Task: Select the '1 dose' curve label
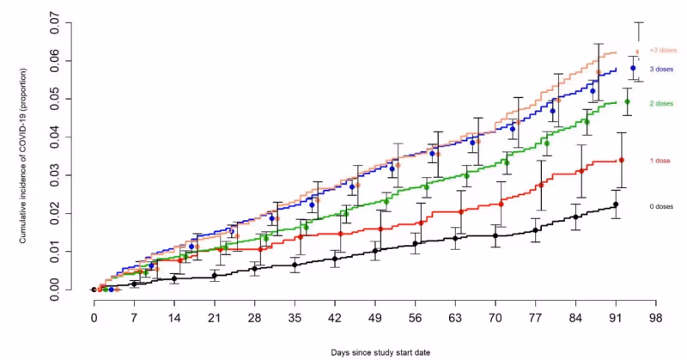[661, 162]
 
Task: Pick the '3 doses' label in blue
[661, 69]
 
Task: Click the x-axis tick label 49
[374, 317]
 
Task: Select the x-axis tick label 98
[655, 317]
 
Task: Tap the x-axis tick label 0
[94, 317]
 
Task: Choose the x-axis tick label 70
[495, 317]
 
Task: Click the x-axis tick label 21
[214, 317]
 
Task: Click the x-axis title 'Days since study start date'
[376, 352]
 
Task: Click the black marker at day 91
[616, 204]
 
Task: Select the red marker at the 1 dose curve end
[622, 160]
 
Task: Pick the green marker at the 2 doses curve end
[627, 102]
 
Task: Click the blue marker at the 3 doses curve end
[633, 68]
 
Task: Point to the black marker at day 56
[415, 244]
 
